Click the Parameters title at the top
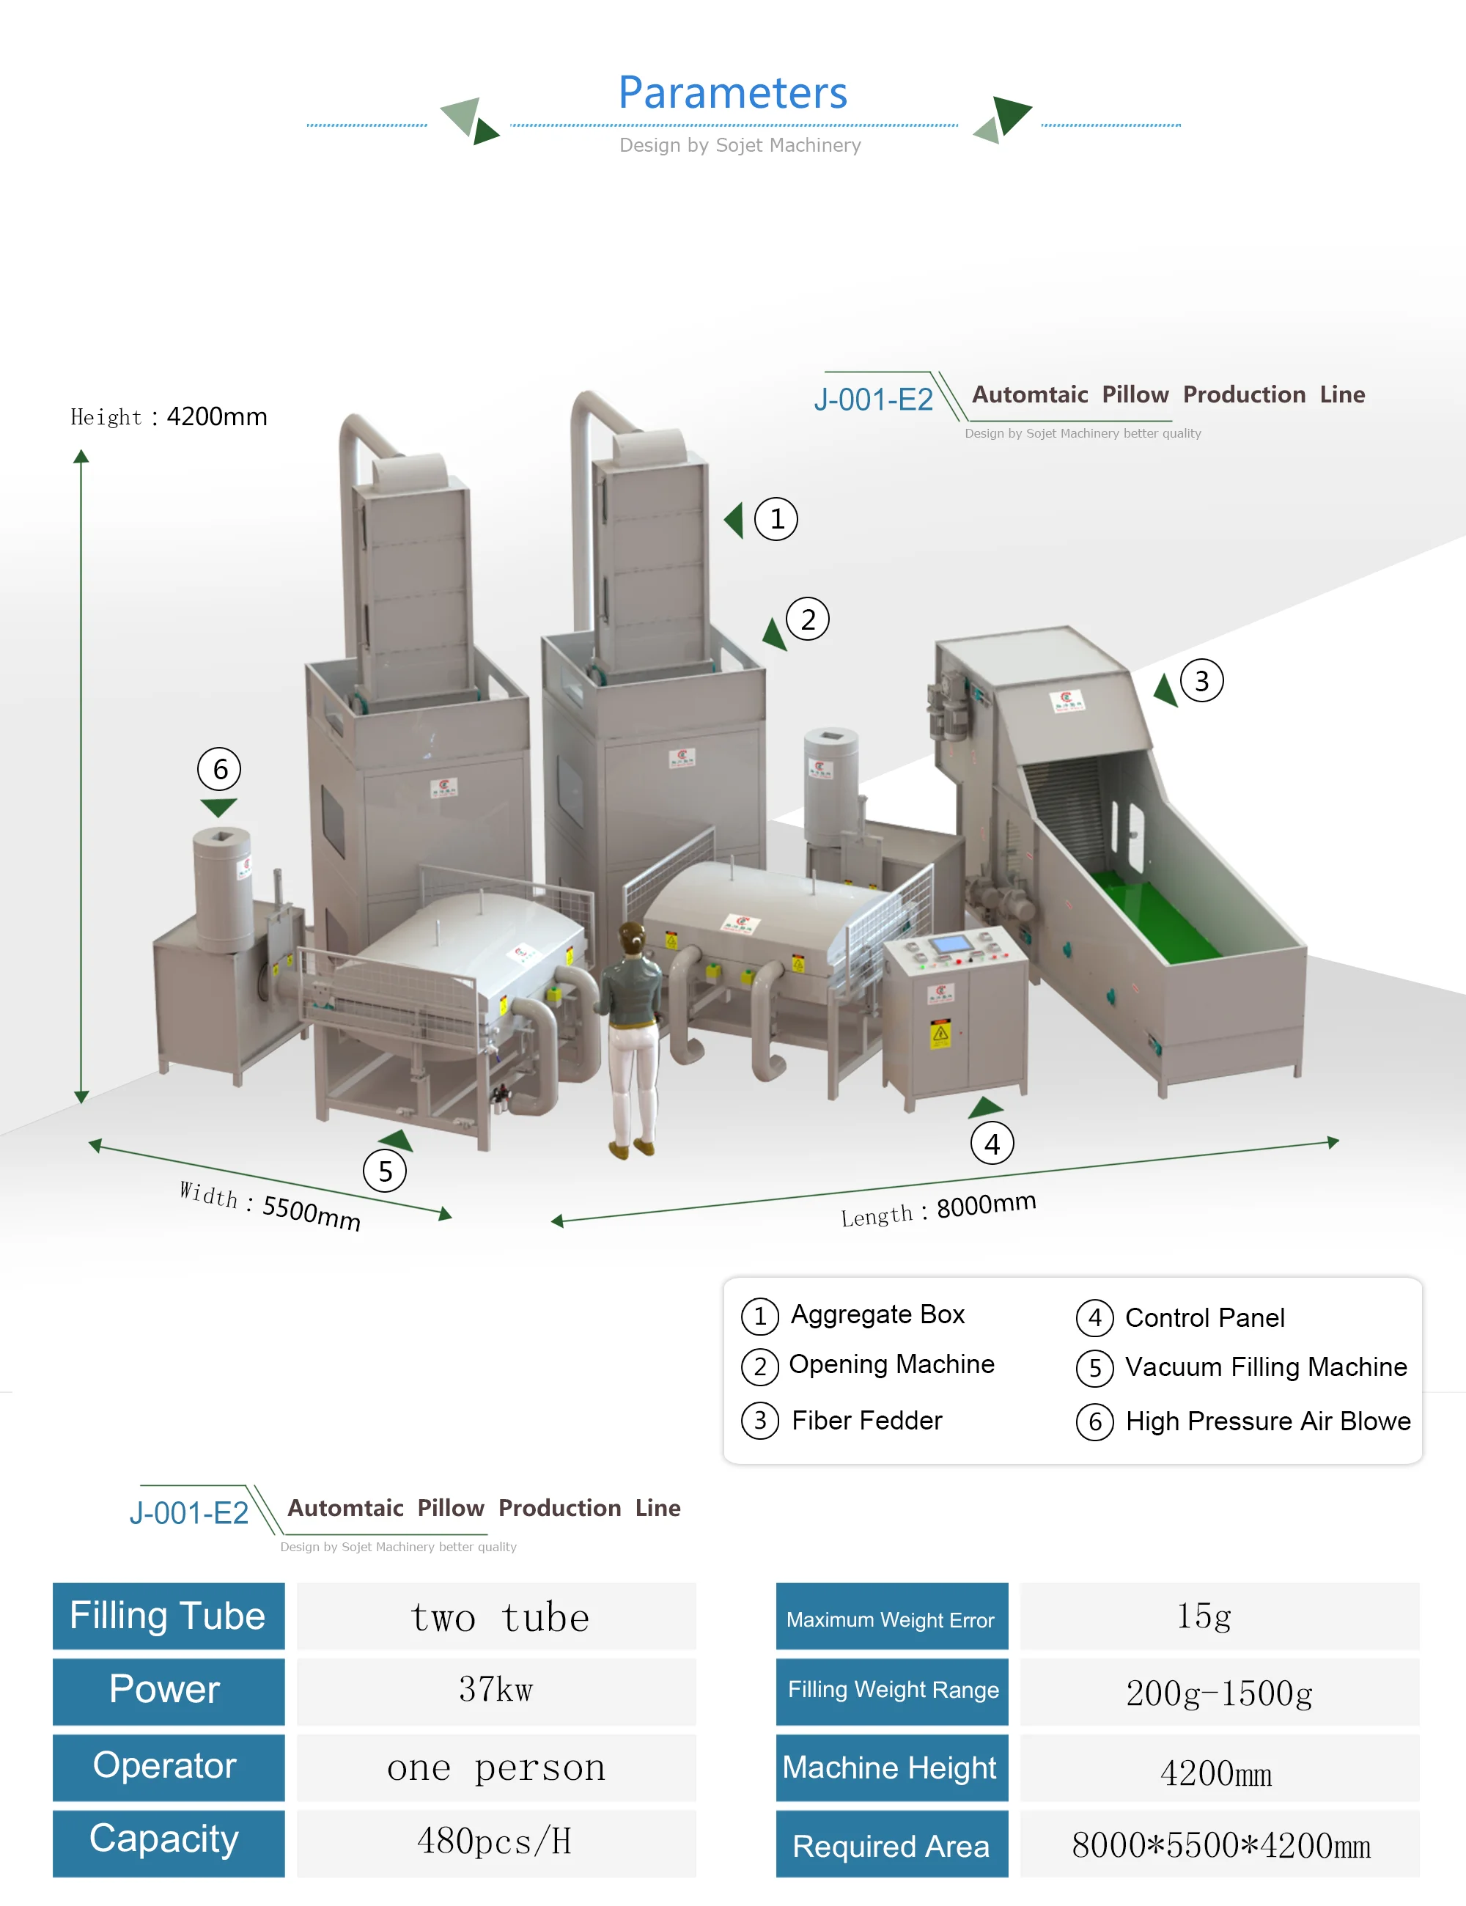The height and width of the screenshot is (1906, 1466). [x=732, y=92]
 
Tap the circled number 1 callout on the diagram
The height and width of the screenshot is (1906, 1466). [x=776, y=519]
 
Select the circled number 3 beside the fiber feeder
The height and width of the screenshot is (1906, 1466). [x=1201, y=681]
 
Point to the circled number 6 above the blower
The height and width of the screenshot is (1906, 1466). [x=220, y=769]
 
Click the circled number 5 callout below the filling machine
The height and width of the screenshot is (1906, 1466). [x=385, y=1171]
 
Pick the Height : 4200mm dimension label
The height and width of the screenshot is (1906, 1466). [x=169, y=417]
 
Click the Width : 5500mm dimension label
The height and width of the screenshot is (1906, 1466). [x=270, y=1205]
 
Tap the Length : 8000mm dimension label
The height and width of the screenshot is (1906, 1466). [x=938, y=1210]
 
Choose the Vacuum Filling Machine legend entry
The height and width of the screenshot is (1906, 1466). [x=1265, y=1366]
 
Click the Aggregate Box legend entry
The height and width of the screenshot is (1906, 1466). [x=877, y=1314]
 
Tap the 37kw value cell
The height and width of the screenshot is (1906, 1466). [x=496, y=1690]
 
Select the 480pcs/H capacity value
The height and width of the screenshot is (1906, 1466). [x=496, y=1841]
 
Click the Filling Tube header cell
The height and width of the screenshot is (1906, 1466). [x=169, y=1616]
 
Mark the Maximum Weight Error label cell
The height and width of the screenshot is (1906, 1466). [x=891, y=1620]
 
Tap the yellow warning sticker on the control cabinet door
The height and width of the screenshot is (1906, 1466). [x=940, y=1034]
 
